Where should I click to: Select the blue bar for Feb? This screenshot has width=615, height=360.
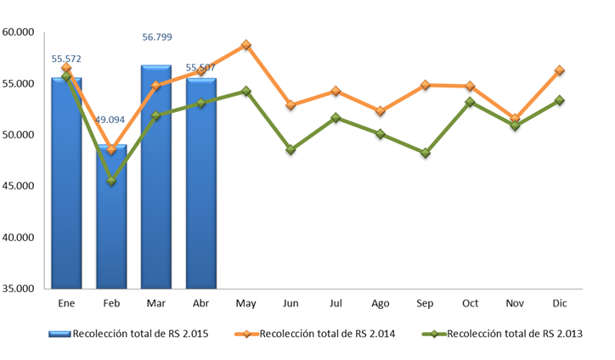[111, 217]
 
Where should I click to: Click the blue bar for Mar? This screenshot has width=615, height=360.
[156, 177]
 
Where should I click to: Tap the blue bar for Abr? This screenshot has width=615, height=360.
[201, 183]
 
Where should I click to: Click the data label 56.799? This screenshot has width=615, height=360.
[157, 37]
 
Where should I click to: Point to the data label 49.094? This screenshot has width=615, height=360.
[110, 120]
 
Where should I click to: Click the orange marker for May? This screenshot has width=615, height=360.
[246, 45]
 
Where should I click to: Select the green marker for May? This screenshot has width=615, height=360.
[246, 91]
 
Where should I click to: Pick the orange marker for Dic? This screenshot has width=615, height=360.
[559, 70]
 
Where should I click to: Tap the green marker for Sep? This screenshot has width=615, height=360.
[426, 153]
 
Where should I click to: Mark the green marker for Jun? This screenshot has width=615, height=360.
[291, 149]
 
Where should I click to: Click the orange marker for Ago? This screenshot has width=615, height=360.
[380, 111]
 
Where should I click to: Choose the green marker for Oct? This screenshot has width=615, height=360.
[470, 102]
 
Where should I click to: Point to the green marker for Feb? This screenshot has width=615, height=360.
[111, 181]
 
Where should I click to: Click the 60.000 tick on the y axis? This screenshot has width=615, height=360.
[18, 32]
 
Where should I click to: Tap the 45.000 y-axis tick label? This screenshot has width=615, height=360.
[18, 186]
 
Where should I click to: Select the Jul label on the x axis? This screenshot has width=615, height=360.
[336, 303]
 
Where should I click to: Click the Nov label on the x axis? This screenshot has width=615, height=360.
[515, 303]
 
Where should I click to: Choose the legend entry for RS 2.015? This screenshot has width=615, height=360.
[128, 334]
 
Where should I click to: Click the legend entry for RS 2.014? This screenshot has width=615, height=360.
[315, 334]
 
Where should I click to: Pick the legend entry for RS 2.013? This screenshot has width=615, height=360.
[502, 334]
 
